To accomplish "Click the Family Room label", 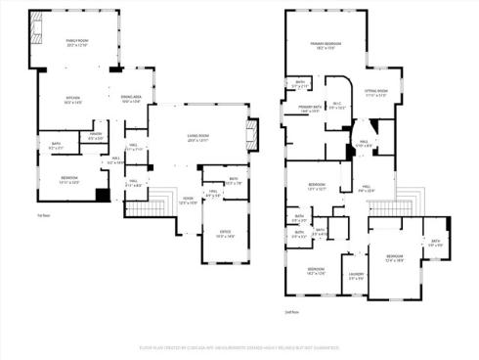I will [x=76, y=41].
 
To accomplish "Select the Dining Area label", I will [x=131, y=100].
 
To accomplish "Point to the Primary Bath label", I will [x=312, y=109].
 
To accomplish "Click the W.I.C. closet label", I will [x=339, y=107].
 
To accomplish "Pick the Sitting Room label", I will [x=377, y=94].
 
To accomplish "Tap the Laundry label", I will [x=357, y=277].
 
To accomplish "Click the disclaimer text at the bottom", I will [x=239, y=346].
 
